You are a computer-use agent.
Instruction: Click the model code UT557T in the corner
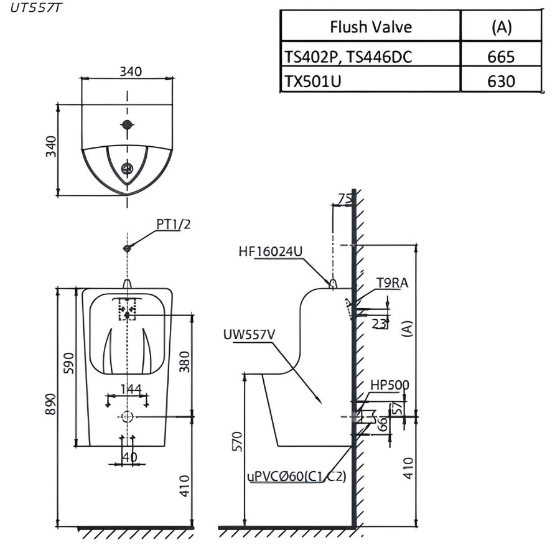coord(35,9)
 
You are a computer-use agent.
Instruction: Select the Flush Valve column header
coord(370,27)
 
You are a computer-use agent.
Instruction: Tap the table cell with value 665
coord(501,57)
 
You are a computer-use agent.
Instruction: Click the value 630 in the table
coord(501,81)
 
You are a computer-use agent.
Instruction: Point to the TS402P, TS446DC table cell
coord(348,57)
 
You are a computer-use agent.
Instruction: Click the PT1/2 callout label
coord(173,225)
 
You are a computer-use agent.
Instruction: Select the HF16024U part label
coord(270,251)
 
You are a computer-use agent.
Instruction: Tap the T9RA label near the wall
coord(392,284)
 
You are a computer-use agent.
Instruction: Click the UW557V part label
coord(249,335)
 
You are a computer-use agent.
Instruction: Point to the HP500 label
coord(390,385)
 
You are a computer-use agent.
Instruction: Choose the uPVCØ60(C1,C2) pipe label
coord(296,477)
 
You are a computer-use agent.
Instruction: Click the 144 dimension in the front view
coord(131,390)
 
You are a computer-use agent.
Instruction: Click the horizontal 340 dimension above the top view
coord(130,71)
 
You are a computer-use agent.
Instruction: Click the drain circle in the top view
coord(128,168)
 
